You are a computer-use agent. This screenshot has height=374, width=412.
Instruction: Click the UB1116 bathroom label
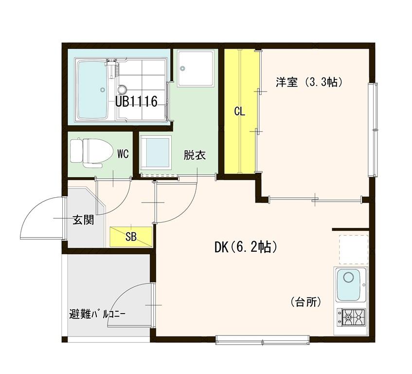pyautogui.click(x=136, y=101)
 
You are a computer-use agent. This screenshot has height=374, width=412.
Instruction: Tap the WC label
pyautogui.click(x=123, y=154)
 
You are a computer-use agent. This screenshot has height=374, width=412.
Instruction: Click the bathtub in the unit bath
pyautogui.click(x=92, y=90)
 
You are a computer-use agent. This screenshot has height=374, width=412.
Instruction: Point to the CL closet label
pyautogui.click(x=239, y=112)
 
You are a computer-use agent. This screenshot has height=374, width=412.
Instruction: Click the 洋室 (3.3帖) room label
pyautogui.click(x=309, y=82)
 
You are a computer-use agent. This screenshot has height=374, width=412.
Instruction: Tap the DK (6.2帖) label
pyautogui.click(x=246, y=247)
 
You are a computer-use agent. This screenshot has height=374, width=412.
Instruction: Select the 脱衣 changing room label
pyautogui.click(x=195, y=155)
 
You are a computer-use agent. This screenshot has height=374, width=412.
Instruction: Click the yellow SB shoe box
pyautogui.click(x=131, y=237)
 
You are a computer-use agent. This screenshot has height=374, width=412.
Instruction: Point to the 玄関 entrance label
pyautogui.click(x=83, y=220)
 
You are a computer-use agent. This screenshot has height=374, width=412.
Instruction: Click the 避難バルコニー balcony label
pyautogui.click(x=97, y=314)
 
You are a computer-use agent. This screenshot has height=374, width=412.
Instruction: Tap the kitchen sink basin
pyautogui.click(x=348, y=284)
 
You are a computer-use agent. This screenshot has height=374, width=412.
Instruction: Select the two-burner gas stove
pyautogui.click(x=351, y=318)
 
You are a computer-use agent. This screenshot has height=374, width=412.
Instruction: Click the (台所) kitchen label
pyautogui.click(x=306, y=302)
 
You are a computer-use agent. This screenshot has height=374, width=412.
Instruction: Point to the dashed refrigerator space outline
pyautogui.click(x=354, y=250)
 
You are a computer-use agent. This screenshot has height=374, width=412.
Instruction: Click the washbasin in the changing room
pyautogui.click(x=156, y=153)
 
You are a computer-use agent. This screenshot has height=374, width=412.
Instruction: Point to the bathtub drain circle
pyautogui.click(x=103, y=90)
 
